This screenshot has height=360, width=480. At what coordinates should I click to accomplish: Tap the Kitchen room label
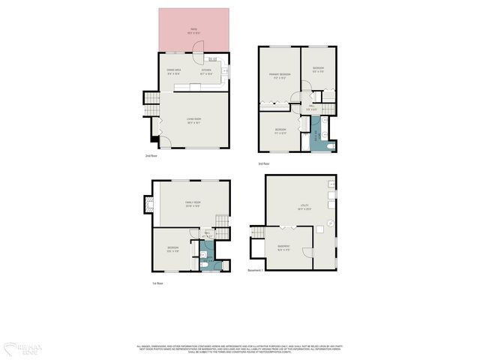(205, 72)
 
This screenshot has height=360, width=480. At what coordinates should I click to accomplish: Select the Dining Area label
(175, 72)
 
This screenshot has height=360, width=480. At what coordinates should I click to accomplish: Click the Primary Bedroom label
(279, 76)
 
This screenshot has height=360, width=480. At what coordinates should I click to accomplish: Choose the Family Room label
(194, 204)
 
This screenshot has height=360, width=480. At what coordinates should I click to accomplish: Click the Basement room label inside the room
(283, 248)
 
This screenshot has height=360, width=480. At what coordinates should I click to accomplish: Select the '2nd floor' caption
(151, 156)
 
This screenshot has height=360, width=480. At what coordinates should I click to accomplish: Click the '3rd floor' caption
(264, 163)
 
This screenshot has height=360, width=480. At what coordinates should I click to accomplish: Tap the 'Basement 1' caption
(255, 271)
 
